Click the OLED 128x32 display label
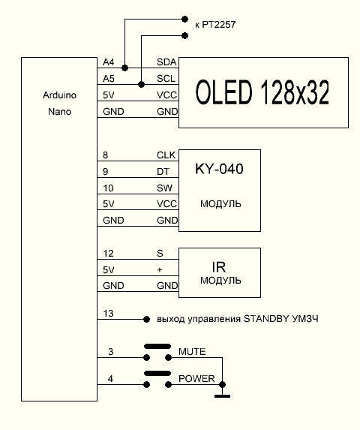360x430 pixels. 262,92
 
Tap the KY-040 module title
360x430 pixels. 219,169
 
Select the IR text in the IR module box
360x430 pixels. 219,267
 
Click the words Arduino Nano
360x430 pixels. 59,104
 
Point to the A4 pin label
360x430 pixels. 109,62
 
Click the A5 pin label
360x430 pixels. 109,79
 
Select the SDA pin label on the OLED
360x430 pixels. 166,62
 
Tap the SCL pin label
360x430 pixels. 166,79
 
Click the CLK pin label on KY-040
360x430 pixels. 166,155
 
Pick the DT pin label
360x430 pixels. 163,172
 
